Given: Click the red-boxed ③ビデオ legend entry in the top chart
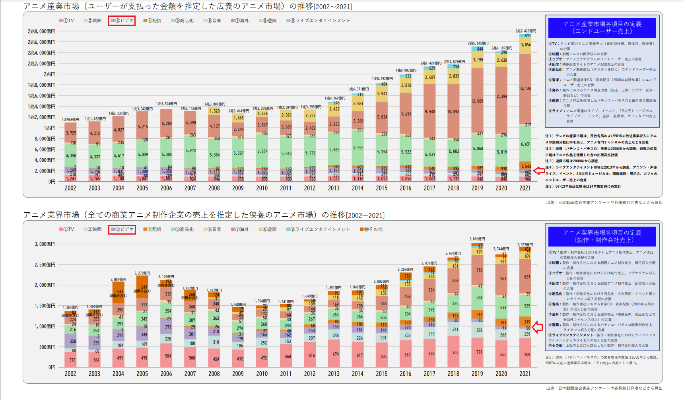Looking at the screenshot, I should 122,21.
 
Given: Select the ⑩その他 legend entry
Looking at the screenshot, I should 371,229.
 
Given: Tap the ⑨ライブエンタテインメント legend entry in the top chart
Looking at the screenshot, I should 318,21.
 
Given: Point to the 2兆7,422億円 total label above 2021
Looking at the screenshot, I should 526,31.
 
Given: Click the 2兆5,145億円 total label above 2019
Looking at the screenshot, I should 478,43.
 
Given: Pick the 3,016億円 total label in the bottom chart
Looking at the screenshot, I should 477,239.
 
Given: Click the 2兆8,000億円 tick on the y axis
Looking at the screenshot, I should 42,31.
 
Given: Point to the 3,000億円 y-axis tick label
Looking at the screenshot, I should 45,244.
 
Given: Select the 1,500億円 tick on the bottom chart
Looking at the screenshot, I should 45,306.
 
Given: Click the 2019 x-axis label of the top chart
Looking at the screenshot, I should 477,188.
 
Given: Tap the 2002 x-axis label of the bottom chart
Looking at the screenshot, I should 70,374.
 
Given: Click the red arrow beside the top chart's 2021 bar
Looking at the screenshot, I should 539,171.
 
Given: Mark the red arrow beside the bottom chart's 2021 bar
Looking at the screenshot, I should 537,327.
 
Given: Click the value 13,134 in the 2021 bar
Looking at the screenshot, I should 525,88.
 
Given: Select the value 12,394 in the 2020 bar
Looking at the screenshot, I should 501,97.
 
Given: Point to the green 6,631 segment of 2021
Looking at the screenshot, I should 525,144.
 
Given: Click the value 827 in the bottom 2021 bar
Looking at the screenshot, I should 527,277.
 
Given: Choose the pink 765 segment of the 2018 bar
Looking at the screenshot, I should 455,352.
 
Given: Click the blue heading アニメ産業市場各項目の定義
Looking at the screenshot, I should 602,27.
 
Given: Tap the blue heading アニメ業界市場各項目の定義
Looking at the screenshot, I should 602,236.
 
